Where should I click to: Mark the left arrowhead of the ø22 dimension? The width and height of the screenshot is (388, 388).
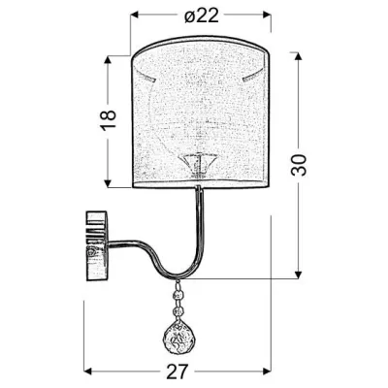[136, 16]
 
